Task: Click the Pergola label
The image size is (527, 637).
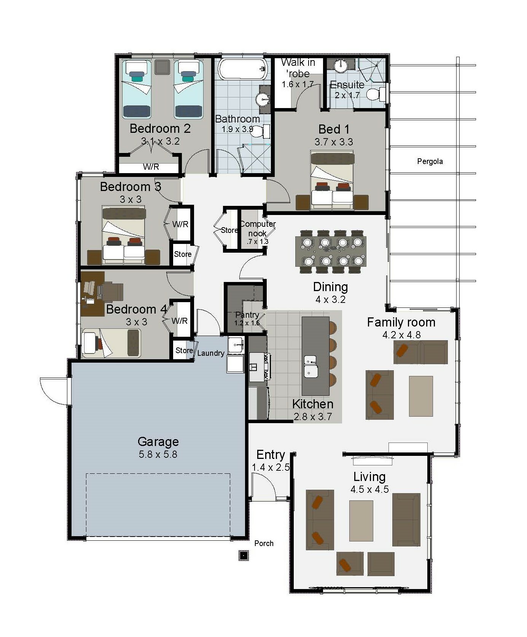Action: point(430,161)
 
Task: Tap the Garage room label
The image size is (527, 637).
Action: point(158,441)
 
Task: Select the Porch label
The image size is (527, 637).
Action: point(264,543)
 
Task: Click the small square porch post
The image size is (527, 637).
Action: point(244,556)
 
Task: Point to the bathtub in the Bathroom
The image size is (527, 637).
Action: point(242,69)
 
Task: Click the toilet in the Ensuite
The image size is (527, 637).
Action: point(377,93)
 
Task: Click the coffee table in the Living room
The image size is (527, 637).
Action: point(361,521)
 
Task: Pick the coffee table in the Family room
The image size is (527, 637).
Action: point(421,396)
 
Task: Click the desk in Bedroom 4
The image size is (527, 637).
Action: point(92,293)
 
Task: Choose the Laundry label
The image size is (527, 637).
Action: point(211,353)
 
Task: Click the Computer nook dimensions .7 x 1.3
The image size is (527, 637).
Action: point(257,242)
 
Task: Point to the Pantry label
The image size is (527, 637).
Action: point(247,315)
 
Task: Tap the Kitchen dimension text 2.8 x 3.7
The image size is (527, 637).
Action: point(313,417)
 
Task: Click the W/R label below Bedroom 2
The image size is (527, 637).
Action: point(151,167)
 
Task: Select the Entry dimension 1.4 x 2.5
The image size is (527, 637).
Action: point(271,467)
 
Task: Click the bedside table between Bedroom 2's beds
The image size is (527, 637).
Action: point(162,67)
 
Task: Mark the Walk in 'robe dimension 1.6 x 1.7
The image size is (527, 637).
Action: point(298,84)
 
